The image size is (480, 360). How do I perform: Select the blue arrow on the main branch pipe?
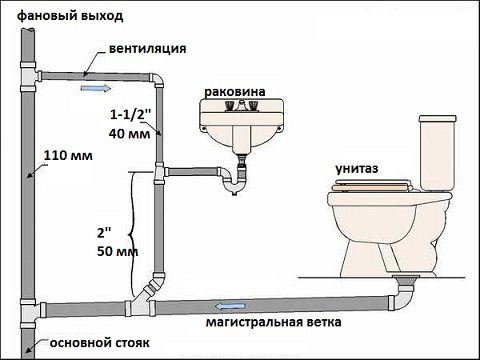(x=229, y=305)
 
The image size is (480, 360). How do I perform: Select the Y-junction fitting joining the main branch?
(x=154, y=289)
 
